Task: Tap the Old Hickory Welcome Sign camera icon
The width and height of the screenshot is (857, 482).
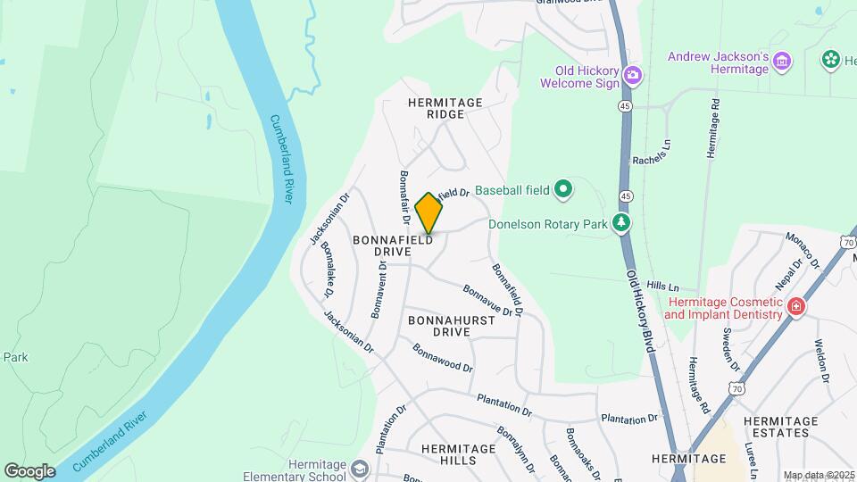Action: (633, 74)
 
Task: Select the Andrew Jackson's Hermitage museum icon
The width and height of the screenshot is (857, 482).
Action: (782, 61)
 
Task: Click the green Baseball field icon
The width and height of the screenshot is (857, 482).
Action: (562, 189)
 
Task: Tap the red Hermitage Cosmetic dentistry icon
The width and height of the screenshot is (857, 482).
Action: (795, 309)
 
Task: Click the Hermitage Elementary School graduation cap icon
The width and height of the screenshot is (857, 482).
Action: (359, 469)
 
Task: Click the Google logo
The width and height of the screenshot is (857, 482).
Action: (29, 470)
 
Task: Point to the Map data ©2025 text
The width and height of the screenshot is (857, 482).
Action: (819, 475)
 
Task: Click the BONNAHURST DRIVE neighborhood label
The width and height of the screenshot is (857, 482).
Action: (438, 325)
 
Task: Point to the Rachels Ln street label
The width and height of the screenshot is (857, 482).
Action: (651, 153)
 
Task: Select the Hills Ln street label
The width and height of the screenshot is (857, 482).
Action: (663, 287)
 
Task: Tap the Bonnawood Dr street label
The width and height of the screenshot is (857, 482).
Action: (443, 355)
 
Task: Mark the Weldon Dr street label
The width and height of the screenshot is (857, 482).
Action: (822, 361)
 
